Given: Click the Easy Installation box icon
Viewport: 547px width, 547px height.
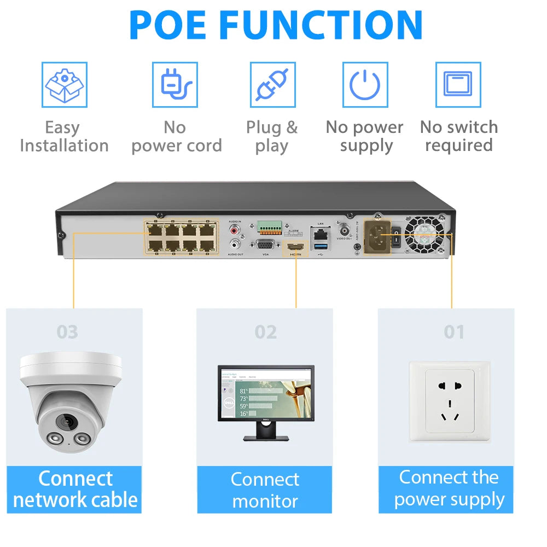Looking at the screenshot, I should coord(65,85).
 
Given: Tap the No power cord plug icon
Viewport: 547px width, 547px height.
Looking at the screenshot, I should coord(175,85).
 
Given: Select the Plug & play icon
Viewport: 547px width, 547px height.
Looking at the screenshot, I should coord(272,85).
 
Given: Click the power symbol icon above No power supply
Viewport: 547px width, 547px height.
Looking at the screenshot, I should coord(365,85).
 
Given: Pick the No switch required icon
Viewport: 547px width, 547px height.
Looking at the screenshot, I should coord(458,85).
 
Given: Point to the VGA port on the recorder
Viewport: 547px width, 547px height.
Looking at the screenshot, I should coord(265,246).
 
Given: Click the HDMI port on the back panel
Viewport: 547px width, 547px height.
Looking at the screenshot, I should coord(295,248).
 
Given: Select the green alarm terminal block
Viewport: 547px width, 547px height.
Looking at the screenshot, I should coord(270,226).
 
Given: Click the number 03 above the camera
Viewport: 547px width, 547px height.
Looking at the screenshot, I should coord(67,332).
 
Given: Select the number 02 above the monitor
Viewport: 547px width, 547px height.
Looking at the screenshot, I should coord(265,332).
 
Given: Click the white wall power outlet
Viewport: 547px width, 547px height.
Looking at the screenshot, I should coord(450,401).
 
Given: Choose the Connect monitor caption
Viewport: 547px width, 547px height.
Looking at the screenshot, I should coord(265,490).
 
